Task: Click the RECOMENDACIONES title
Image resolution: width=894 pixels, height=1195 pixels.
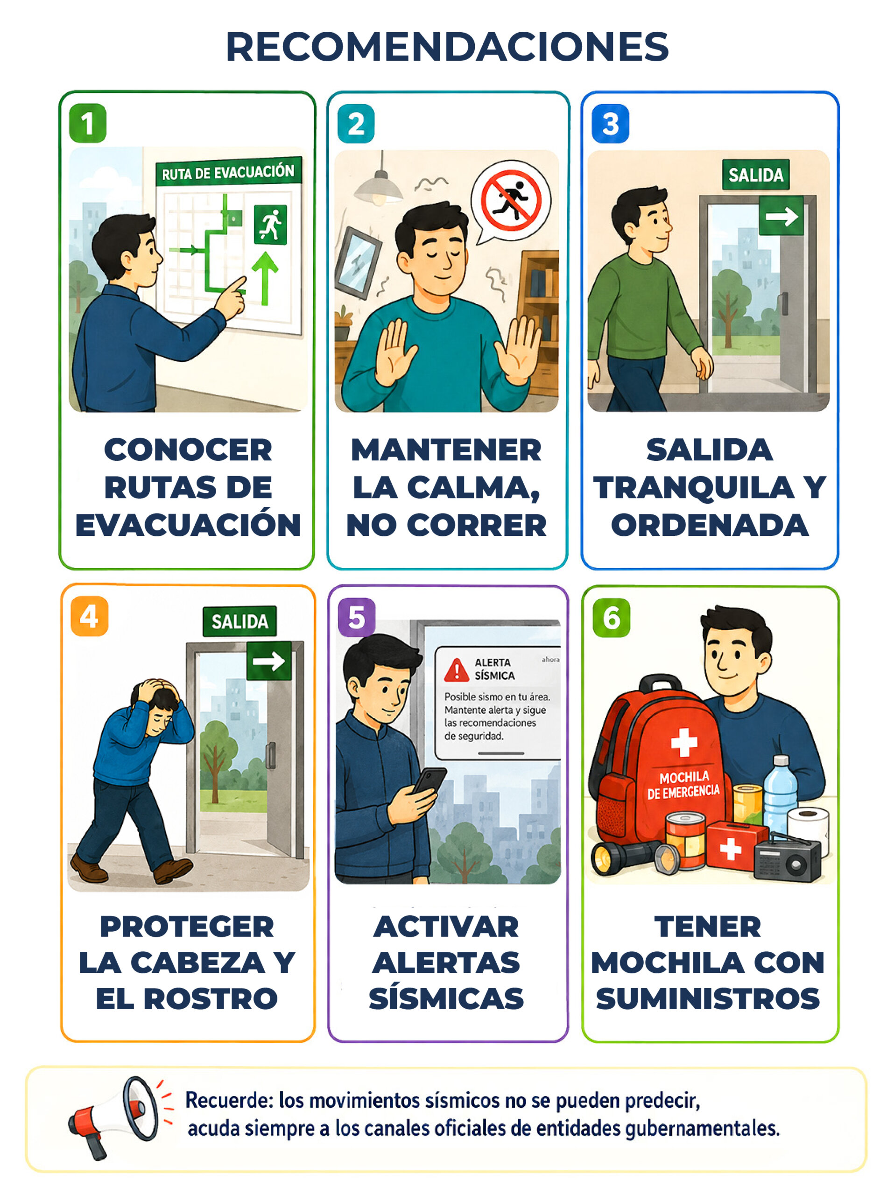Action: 447,47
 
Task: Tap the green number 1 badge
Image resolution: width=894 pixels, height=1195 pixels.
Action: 87,123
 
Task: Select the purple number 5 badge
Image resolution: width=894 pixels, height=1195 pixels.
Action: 357,617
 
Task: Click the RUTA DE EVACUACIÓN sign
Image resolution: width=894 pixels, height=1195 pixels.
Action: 228,172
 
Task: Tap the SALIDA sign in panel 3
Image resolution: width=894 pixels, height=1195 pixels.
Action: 755,175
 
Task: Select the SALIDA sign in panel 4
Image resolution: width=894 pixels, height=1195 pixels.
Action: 239,621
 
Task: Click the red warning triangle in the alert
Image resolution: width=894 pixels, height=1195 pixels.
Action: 457,670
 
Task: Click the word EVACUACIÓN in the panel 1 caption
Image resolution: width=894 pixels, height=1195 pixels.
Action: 188,524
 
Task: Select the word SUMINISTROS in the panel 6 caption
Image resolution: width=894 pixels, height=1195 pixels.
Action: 708,998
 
